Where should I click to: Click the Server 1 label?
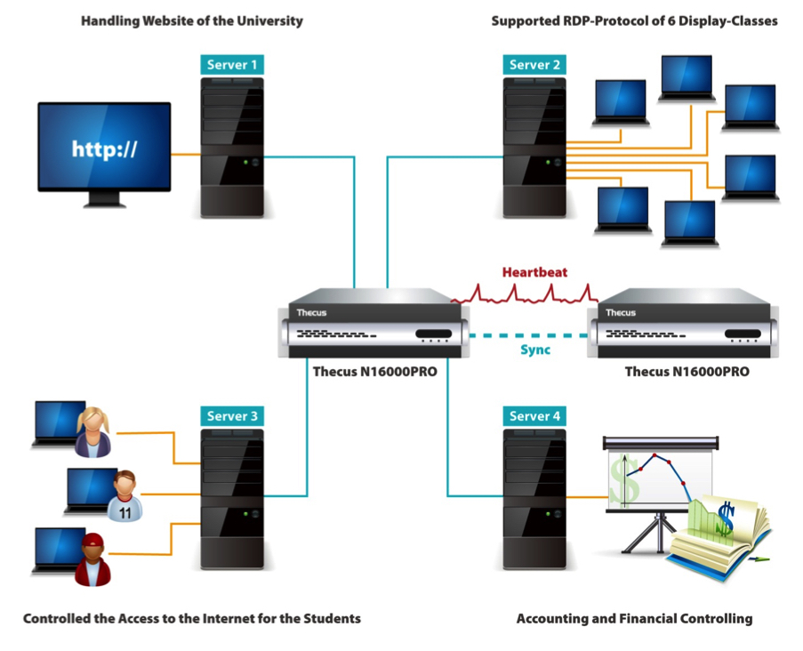(232, 65)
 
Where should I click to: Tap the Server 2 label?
(534, 65)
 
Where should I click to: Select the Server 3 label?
(232, 416)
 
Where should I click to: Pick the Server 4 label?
(534, 416)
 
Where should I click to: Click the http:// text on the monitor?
(104, 149)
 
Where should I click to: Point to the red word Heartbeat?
(534, 272)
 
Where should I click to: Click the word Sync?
(535, 350)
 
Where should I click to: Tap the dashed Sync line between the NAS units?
(528, 336)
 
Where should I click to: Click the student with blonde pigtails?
(93, 432)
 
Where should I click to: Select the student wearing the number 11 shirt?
(124, 495)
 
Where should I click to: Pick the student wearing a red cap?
(92, 559)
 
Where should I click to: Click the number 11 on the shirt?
(125, 513)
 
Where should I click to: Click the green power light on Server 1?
(245, 163)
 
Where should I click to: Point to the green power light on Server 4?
(548, 513)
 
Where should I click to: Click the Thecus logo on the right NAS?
(621, 312)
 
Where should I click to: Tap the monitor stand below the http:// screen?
(105, 198)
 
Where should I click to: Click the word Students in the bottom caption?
(333, 618)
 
